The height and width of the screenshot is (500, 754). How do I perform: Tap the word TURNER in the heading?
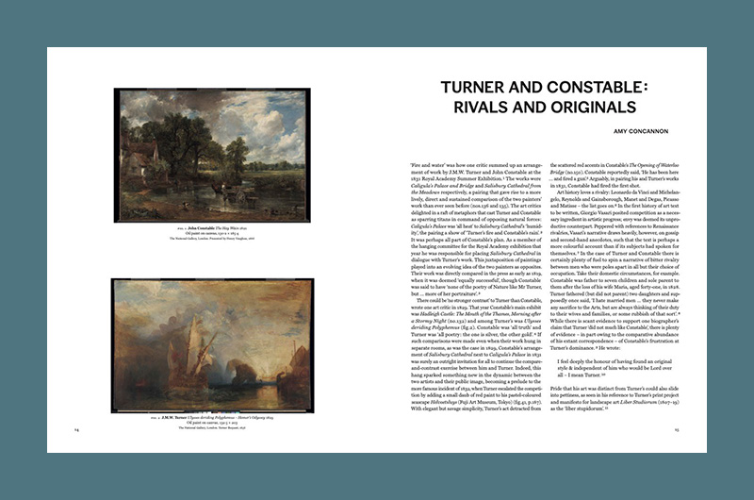click(x=452, y=87)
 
